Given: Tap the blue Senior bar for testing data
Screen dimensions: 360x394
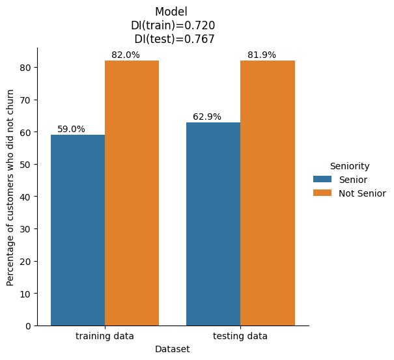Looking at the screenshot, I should coord(213,224).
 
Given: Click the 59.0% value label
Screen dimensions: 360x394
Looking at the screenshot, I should coord(71,130).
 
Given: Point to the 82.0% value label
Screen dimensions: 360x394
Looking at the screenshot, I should coord(126,55).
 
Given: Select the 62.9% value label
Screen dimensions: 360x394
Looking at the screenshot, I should coord(207,117).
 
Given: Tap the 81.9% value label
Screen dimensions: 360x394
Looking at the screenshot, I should coord(262,55).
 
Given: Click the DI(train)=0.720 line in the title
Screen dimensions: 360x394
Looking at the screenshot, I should coord(173,25).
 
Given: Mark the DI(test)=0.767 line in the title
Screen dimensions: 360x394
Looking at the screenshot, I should coord(174,39).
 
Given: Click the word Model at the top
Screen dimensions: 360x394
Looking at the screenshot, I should coord(171,12).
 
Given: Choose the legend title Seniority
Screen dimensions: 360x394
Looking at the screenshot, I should coord(350,166).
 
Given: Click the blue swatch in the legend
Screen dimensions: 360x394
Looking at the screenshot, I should coord(322,180).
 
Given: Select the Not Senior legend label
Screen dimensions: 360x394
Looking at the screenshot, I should coord(362,193).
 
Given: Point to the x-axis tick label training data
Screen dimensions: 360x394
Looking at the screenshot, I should coord(105,336).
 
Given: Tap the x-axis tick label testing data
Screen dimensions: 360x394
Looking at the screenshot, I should coord(240,336).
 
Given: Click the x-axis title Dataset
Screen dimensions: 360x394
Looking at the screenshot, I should coord(173,349).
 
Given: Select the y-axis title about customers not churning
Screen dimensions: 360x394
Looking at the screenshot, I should coord(10,187).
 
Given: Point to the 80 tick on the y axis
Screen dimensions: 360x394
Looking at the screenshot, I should coord(26,68).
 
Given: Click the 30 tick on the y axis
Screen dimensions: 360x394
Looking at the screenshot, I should coord(26,229).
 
